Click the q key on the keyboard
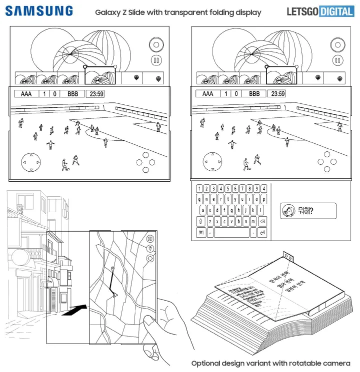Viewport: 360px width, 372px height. coord(199,199)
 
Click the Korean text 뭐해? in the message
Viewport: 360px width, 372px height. coord(304,211)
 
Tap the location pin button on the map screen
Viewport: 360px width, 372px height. coord(150,249)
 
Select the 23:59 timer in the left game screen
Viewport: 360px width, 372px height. coord(94,94)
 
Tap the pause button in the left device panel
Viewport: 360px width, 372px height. coord(156,61)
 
